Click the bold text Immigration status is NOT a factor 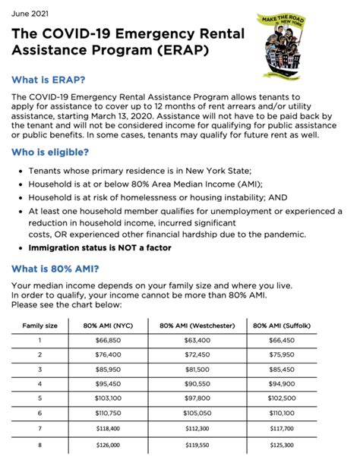click(99, 248)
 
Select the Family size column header click(41, 326)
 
